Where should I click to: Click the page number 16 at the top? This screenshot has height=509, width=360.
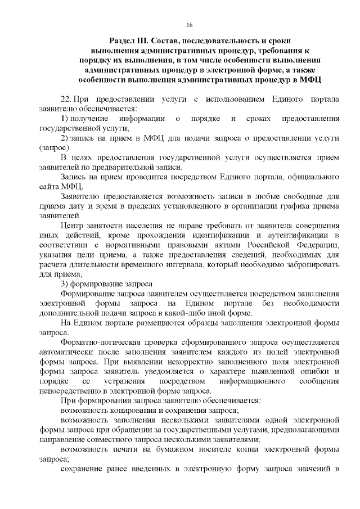[x=190, y=25]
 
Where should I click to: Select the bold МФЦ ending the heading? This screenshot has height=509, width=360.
[x=310, y=80]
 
